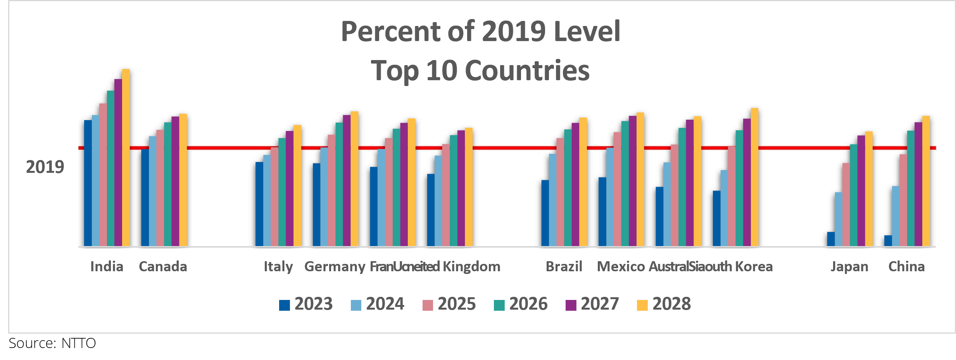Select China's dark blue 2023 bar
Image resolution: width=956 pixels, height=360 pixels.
[x=888, y=241]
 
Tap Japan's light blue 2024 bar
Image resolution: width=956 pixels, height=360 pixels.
[x=839, y=219]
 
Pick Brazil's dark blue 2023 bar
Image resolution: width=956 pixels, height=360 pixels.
[x=545, y=213]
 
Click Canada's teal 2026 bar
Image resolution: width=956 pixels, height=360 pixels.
[x=168, y=184]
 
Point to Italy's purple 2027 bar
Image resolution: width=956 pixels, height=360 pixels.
[x=290, y=188]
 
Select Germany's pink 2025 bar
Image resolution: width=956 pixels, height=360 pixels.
[x=331, y=190]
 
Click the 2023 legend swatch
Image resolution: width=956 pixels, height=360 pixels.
[x=285, y=305]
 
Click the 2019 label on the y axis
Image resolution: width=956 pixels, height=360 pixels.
[x=45, y=167]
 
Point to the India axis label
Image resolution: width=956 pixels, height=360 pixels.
[x=107, y=267]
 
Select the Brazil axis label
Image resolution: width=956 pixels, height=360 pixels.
[x=564, y=267]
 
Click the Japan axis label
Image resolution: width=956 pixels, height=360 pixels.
[x=849, y=267]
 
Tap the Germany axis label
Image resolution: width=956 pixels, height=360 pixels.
[x=335, y=267]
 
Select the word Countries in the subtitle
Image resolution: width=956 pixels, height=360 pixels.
[x=527, y=71]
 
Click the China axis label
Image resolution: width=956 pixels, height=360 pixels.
[x=906, y=267]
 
